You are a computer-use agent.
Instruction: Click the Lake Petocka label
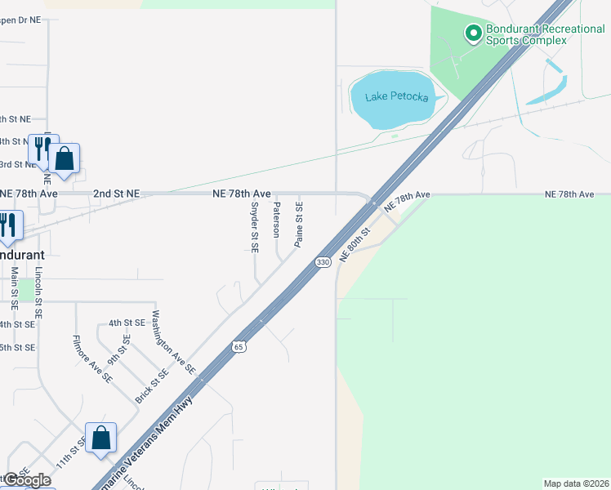tap(397, 97)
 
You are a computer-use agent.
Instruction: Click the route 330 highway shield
tap(323, 261)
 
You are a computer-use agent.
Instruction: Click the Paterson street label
tap(277, 219)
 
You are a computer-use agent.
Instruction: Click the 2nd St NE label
tap(116, 194)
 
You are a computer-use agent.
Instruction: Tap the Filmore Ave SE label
tap(92, 359)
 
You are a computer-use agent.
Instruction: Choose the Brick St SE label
tap(152, 385)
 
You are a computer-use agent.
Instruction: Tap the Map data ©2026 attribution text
tap(577, 483)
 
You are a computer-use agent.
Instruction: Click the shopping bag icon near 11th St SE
tap(100, 438)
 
